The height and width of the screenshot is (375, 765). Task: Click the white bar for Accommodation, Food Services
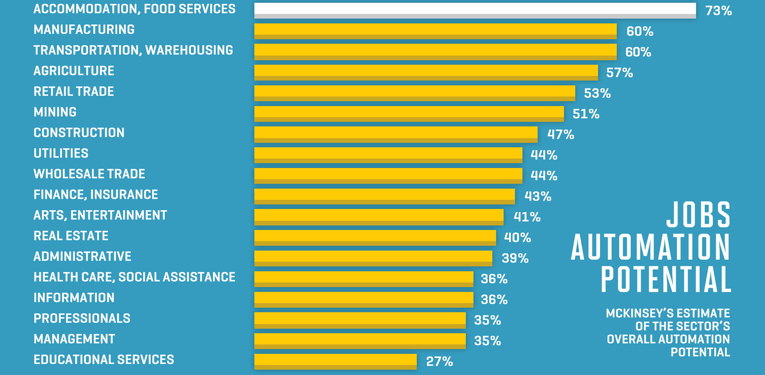[x=475, y=10]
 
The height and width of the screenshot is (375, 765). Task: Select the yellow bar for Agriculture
[x=426, y=72]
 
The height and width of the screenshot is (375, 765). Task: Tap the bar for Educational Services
[x=335, y=361]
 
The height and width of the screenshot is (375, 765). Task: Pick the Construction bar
[x=396, y=134]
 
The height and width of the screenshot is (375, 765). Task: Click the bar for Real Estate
[x=375, y=237]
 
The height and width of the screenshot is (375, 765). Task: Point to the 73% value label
[x=718, y=11]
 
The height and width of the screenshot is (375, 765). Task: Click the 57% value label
[x=619, y=73]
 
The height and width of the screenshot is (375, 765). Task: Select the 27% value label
[x=439, y=361]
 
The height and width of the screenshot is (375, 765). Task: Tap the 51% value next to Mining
[x=586, y=114]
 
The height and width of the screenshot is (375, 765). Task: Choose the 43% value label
[x=537, y=196]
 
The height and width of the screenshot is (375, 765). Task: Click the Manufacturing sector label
[x=84, y=30]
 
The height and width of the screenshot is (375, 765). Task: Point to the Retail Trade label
[x=74, y=91]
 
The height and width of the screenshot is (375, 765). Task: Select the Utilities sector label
[x=61, y=153]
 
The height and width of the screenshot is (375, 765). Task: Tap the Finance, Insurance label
[x=96, y=195]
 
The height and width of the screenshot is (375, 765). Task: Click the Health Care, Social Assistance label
[x=134, y=277]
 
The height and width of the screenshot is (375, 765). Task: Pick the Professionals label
[x=82, y=318]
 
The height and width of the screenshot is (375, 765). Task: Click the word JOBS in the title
[x=698, y=215]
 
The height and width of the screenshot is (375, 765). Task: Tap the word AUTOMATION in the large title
[x=651, y=247]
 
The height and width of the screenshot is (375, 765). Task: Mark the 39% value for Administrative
[x=515, y=259]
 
